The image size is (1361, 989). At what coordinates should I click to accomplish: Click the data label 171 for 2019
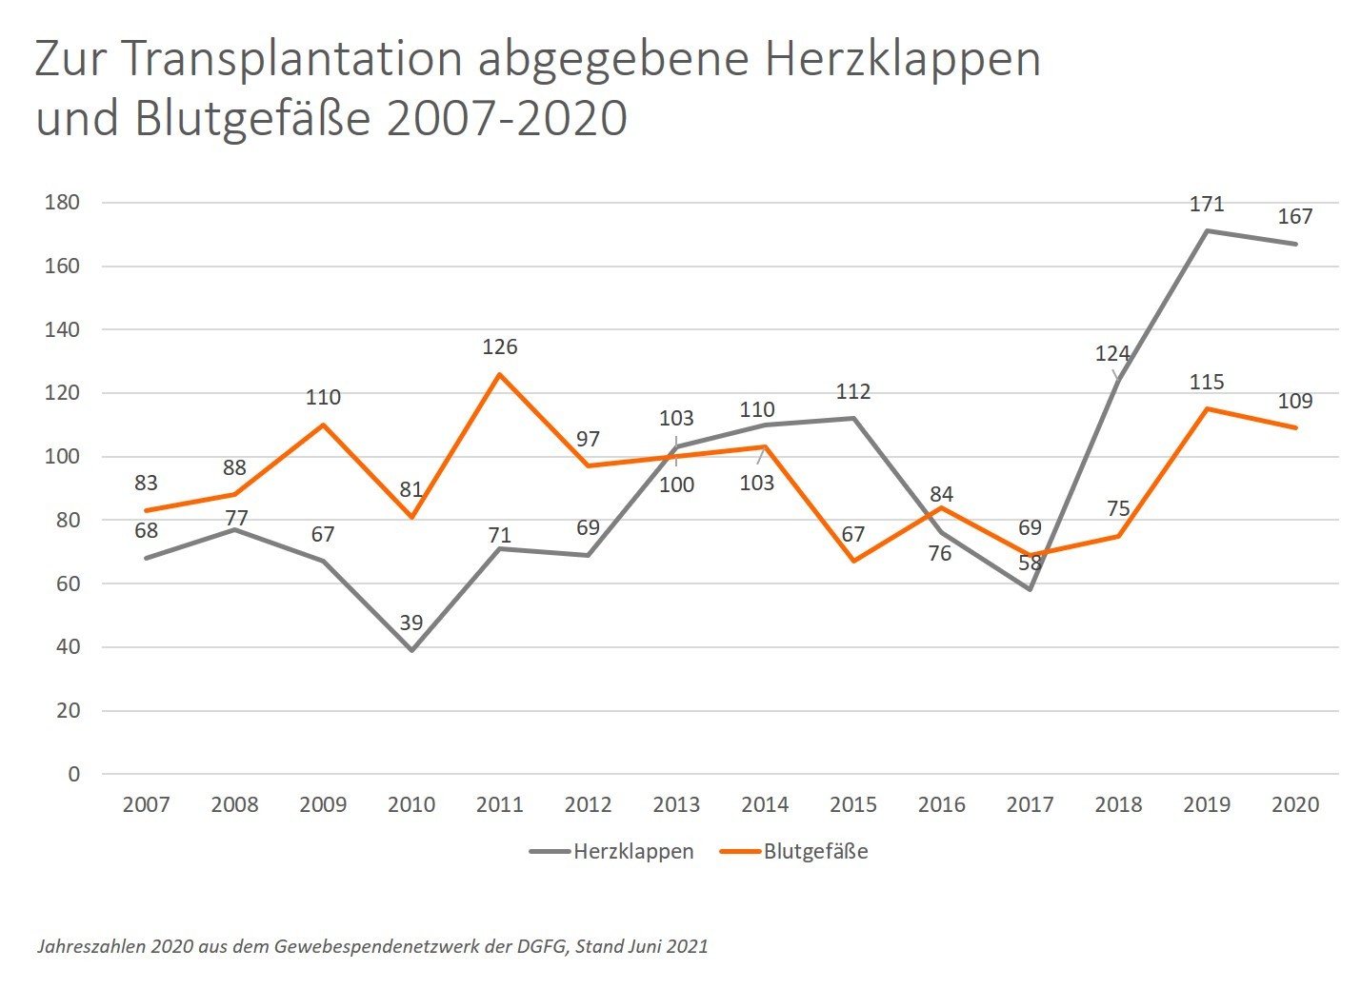1207,204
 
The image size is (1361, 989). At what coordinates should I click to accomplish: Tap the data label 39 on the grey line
410,623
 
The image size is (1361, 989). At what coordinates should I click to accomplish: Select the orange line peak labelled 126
500,374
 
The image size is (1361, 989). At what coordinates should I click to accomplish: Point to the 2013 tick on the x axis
676,804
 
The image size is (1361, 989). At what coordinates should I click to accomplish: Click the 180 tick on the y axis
62,203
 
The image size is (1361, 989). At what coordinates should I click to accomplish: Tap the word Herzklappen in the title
902,59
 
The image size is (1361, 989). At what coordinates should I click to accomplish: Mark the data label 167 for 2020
1295,216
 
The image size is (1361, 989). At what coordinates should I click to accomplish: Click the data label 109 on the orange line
1295,401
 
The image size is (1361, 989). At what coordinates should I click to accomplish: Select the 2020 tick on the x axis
1295,804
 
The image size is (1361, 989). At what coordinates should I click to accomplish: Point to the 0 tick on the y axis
74,774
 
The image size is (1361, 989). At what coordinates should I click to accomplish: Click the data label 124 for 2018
1112,354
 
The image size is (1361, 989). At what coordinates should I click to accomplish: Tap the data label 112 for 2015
853,391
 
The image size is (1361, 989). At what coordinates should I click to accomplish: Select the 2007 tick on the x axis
146,804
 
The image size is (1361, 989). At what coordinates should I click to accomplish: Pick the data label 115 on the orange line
1207,382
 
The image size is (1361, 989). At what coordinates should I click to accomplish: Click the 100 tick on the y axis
62,457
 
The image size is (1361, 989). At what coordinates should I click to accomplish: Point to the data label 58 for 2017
1030,563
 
